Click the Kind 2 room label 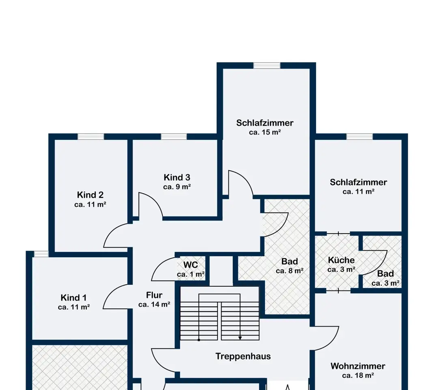pyautogui.click(x=90, y=195)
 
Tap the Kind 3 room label pyautogui.click(x=177, y=178)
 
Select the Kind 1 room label pyautogui.click(x=73, y=297)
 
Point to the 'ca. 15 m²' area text pyautogui.click(x=265, y=132)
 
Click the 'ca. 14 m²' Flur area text pyautogui.click(x=154, y=304)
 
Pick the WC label pyautogui.click(x=191, y=265)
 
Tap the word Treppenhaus pyautogui.click(x=243, y=356)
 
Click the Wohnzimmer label pyautogui.click(x=358, y=366)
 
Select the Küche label pyautogui.click(x=341, y=260)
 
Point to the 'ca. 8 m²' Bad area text pyautogui.click(x=290, y=271)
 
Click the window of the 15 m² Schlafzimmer pyautogui.click(x=267, y=65)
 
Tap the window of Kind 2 pyautogui.click(x=91, y=136)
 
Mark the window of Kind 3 pyautogui.click(x=174, y=136)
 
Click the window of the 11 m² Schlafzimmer pyautogui.click(x=359, y=136)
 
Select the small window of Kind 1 pyautogui.click(x=41, y=254)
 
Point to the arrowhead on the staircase pyautogui.click(x=240, y=338)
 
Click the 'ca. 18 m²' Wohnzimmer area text pyautogui.click(x=358, y=375)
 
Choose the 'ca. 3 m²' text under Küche pyautogui.click(x=341, y=269)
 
